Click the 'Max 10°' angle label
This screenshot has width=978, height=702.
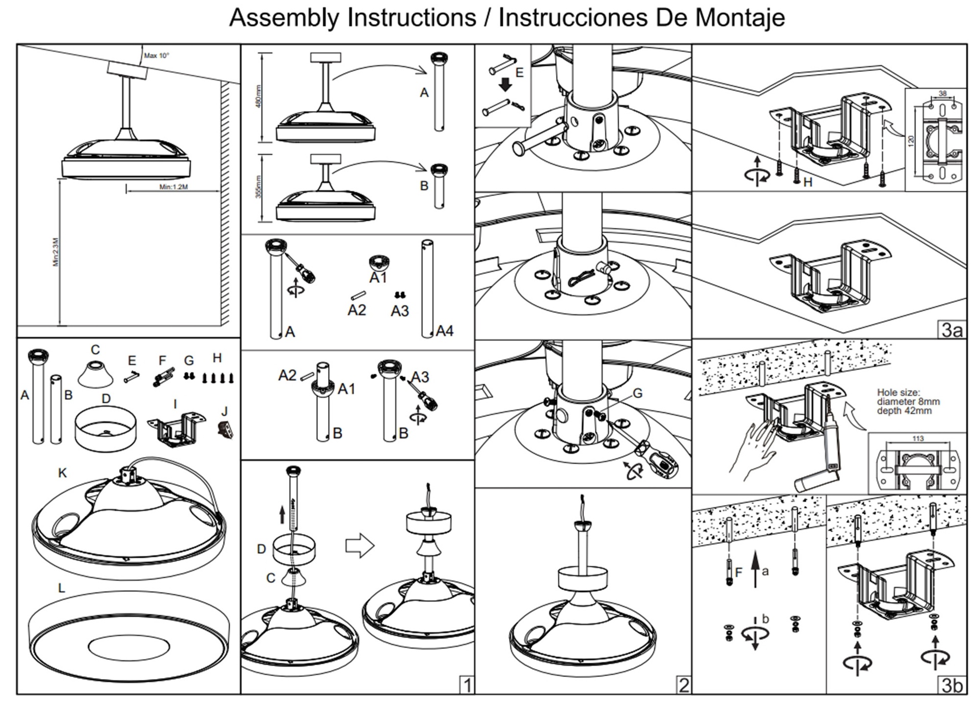156,56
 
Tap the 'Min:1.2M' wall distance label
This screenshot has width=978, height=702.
173,187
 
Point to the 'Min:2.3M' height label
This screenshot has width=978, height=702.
56,252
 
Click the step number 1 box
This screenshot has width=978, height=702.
467,685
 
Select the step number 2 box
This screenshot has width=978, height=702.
684,685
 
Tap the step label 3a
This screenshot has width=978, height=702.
952,330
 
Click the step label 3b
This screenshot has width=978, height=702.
952,685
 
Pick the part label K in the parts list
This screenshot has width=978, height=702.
62,473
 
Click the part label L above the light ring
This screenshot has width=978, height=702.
61,588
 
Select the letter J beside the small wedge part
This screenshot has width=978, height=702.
225,411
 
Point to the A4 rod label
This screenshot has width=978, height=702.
444,331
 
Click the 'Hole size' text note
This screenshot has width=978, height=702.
908,401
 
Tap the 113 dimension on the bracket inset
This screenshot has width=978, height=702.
917,438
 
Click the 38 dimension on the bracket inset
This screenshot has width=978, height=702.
942,94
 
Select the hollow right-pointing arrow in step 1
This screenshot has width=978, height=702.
360,545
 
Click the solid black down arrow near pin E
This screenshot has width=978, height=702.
505,84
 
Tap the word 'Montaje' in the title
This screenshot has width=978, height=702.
740,17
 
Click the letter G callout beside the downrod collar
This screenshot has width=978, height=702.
637,393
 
